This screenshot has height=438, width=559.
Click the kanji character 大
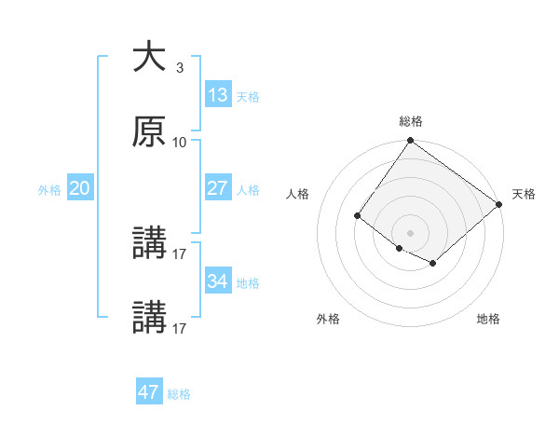149,58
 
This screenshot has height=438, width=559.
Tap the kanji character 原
149,132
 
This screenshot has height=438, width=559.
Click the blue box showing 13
218,95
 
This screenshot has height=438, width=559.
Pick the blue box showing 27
218,188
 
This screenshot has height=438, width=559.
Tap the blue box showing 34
218,281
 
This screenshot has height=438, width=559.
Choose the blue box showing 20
80,188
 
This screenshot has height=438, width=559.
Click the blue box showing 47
149,392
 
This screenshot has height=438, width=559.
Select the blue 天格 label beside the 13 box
248,97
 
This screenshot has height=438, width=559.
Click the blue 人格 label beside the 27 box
248,190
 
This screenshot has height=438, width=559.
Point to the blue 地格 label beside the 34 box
248,283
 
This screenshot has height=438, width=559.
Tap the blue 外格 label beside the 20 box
49,190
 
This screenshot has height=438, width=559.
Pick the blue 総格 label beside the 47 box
179,394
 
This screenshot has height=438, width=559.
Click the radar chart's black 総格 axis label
411,121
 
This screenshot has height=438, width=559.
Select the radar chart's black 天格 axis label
524,194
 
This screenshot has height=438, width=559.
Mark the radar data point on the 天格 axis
499,204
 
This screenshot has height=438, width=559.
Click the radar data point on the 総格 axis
411,142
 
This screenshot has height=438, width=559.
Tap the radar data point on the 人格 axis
357,216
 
